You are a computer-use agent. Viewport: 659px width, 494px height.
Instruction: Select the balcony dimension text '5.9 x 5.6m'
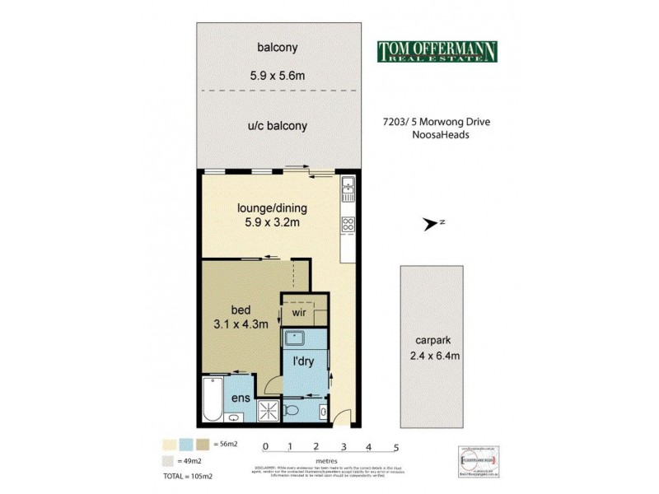click(276, 76)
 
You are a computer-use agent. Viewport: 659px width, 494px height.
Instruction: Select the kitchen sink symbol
click(348, 187)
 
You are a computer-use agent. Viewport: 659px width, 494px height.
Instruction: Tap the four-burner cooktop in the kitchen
click(348, 223)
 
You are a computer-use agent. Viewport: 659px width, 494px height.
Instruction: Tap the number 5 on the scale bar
click(396, 447)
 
